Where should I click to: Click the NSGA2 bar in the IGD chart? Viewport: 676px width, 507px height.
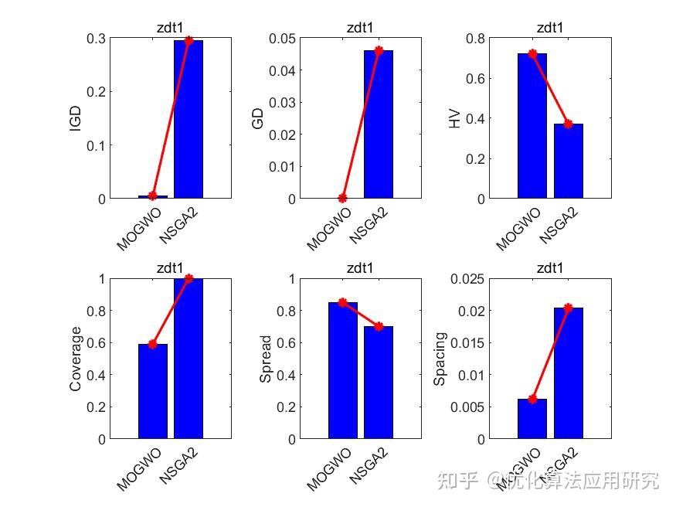[189, 120]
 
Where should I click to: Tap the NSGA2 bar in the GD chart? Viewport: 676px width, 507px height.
[379, 124]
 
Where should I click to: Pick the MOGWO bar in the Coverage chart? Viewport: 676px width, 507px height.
[153, 391]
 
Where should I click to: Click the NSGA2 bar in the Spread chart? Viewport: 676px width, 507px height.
[379, 383]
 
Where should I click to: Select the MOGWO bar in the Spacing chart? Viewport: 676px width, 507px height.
[532, 418]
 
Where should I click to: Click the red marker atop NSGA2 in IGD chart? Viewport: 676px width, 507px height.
[189, 40]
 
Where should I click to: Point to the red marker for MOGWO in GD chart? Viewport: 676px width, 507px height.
[343, 198]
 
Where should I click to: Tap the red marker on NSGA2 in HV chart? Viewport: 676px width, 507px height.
[568, 124]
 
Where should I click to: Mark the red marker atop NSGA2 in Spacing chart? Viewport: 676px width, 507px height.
[568, 308]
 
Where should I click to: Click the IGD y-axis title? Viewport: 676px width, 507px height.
[76, 118]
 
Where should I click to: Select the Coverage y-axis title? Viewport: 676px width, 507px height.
[76, 359]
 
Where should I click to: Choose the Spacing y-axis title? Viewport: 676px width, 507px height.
[440, 359]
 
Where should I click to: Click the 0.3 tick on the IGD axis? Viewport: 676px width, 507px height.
[95, 39]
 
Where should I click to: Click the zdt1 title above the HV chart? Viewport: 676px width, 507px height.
[550, 28]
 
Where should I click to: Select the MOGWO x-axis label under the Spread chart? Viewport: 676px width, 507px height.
[328, 468]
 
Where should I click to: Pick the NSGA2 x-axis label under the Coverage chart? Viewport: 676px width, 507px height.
[179, 466]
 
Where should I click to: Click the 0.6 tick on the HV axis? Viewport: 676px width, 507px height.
[476, 79]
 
